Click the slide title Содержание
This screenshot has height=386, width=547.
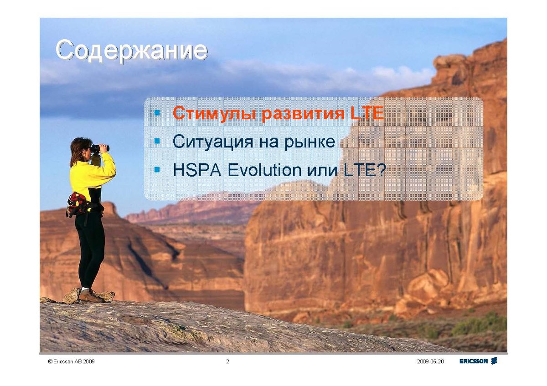pyautogui.click(x=132, y=51)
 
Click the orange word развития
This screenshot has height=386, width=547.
pyautogui.click(x=303, y=113)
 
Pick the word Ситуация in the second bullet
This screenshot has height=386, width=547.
pyautogui.click(x=213, y=142)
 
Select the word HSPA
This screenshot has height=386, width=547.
pyautogui.click(x=197, y=170)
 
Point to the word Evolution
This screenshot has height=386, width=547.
pyautogui.click(x=264, y=170)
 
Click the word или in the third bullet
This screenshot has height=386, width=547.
pyautogui.click(x=322, y=171)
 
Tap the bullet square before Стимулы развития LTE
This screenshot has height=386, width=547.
pyautogui.click(x=157, y=112)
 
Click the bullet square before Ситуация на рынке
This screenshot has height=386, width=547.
pyautogui.click(x=157, y=141)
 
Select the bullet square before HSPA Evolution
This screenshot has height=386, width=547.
pyautogui.click(x=157, y=169)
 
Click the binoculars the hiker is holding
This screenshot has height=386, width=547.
pyautogui.click(x=100, y=148)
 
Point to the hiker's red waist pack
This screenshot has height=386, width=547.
pyautogui.click(x=77, y=203)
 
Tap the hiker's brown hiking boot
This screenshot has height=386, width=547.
pyautogui.click(x=91, y=296)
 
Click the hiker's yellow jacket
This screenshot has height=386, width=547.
pyautogui.click(x=92, y=173)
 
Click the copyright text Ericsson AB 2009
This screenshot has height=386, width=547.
pyautogui.click(x=71, y=361)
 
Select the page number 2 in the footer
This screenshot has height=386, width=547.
pyautogui.click(x=227, y=361)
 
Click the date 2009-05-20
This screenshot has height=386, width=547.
pyautogui.click(x=430, y=361)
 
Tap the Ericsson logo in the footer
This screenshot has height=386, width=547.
pyautogui.click(x=478, y=361)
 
